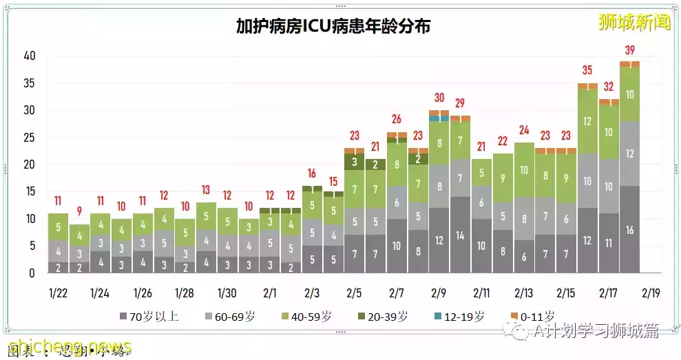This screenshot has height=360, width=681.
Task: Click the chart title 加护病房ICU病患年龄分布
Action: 333,27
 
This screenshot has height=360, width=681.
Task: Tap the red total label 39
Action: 629,50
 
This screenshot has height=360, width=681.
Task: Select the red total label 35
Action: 587,70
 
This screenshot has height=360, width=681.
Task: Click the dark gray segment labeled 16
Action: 629,229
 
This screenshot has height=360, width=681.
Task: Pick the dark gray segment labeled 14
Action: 460,235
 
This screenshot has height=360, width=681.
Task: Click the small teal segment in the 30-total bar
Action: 439,118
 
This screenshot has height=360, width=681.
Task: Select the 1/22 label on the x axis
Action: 58,293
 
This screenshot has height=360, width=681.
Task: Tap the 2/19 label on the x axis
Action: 650,293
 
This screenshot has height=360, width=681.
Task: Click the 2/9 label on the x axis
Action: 439,293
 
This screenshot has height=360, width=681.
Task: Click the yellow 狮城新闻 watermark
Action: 634,23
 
